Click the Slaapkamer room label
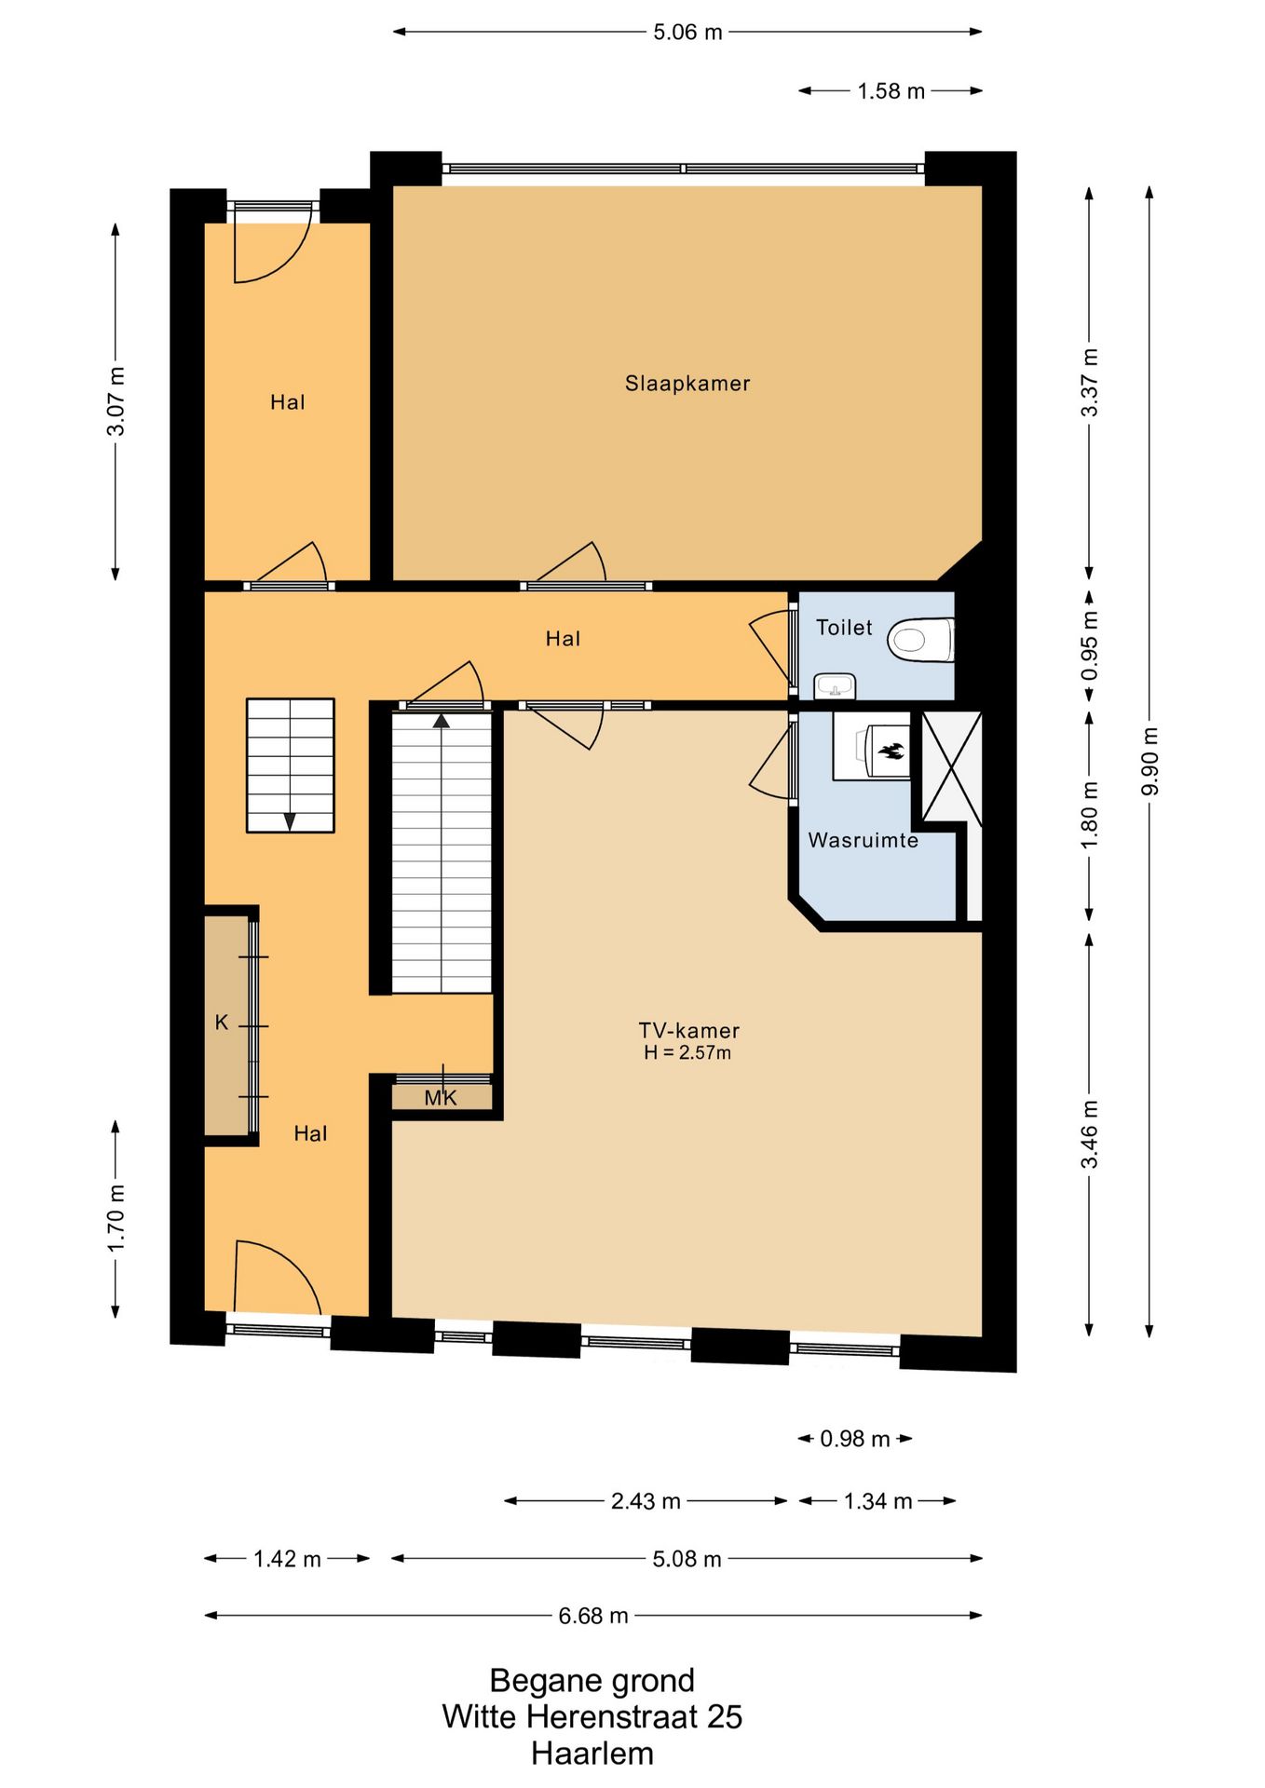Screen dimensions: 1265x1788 687,383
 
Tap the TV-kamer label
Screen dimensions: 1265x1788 688,1030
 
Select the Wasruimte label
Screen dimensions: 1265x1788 863,840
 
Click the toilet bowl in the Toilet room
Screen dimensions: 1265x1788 920,640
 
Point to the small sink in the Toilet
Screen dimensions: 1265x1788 835,687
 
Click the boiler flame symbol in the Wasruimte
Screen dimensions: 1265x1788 891,751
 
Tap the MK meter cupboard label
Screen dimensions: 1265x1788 441,1098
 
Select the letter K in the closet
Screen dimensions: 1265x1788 222,1023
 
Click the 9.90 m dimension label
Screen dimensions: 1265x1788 1150,762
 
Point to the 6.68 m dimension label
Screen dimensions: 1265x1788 593,1616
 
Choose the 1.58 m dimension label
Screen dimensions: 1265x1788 891,90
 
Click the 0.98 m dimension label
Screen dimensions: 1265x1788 855,1439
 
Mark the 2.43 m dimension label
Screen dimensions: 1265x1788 646,1501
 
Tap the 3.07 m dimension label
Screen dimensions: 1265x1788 116,401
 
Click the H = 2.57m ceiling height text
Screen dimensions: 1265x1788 687,1053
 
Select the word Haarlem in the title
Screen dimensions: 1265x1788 592,1754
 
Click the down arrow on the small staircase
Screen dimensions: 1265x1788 290,822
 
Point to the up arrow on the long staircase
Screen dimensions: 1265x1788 442,720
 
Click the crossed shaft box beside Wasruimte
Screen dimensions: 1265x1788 951,767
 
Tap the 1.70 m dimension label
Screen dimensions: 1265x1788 116,1219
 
